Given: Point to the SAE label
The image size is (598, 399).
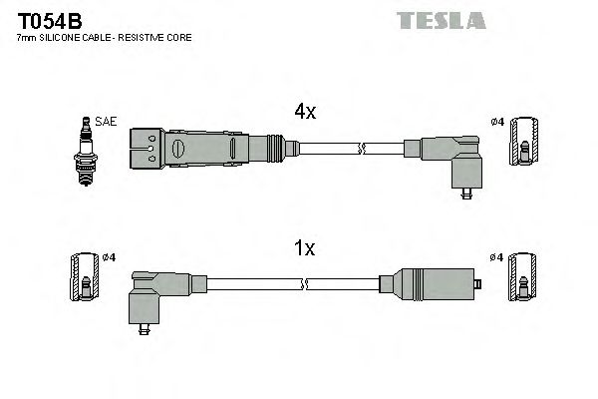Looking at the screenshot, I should (107, 122).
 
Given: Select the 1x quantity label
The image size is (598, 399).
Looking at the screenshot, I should (304, 247).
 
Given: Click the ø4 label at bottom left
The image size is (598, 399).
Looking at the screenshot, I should (110, 258).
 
